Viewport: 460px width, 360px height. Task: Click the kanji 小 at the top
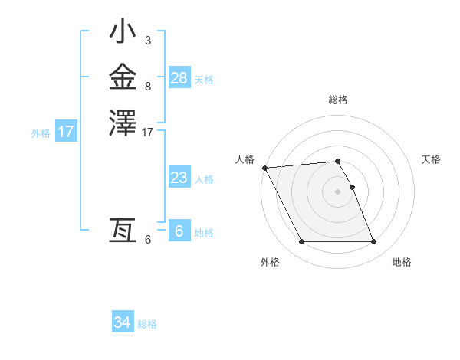[x=123, y=34]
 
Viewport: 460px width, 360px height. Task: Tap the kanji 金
[x=123, y=78]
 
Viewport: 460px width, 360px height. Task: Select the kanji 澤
[x=123, y=123]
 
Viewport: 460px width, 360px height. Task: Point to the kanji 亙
[x=123, y=231]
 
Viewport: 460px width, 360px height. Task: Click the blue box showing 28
[x=179, y=78]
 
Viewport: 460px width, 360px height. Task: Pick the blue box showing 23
[x=179, y=178]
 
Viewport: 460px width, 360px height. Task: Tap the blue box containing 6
[x=179, y=231]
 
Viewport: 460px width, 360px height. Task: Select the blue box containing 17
[x=66, y=132]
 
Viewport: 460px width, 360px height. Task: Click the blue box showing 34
[x=123, y=322]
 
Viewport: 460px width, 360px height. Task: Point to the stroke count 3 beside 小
[x=147, y=40]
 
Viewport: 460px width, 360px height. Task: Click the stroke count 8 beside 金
[x=147, y=87]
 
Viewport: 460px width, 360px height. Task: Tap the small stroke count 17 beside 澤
[x=148, y=133]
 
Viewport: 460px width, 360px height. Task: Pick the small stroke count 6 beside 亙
[x=147, y=240]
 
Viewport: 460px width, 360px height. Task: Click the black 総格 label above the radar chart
[x=338, y=100]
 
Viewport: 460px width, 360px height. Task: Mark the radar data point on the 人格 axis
[x=264, y=168]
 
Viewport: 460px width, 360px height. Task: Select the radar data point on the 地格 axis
[x=373, y=242]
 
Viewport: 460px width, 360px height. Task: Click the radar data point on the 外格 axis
[x=301, y=242]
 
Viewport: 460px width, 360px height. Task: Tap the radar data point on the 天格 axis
[x=352, y=187]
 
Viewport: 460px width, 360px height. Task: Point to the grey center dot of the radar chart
[x=337, y=191]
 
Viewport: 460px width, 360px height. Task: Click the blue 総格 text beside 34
[x=147, y=324]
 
